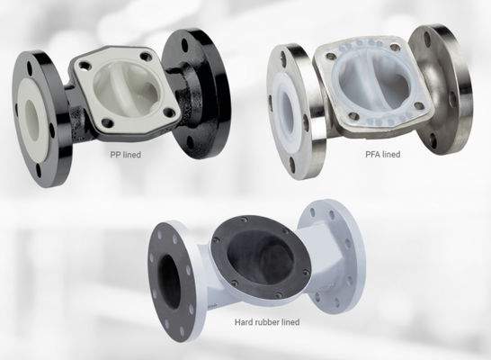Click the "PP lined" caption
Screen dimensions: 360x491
tap(125, 154)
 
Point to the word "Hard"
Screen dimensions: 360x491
tap(242, 321)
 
